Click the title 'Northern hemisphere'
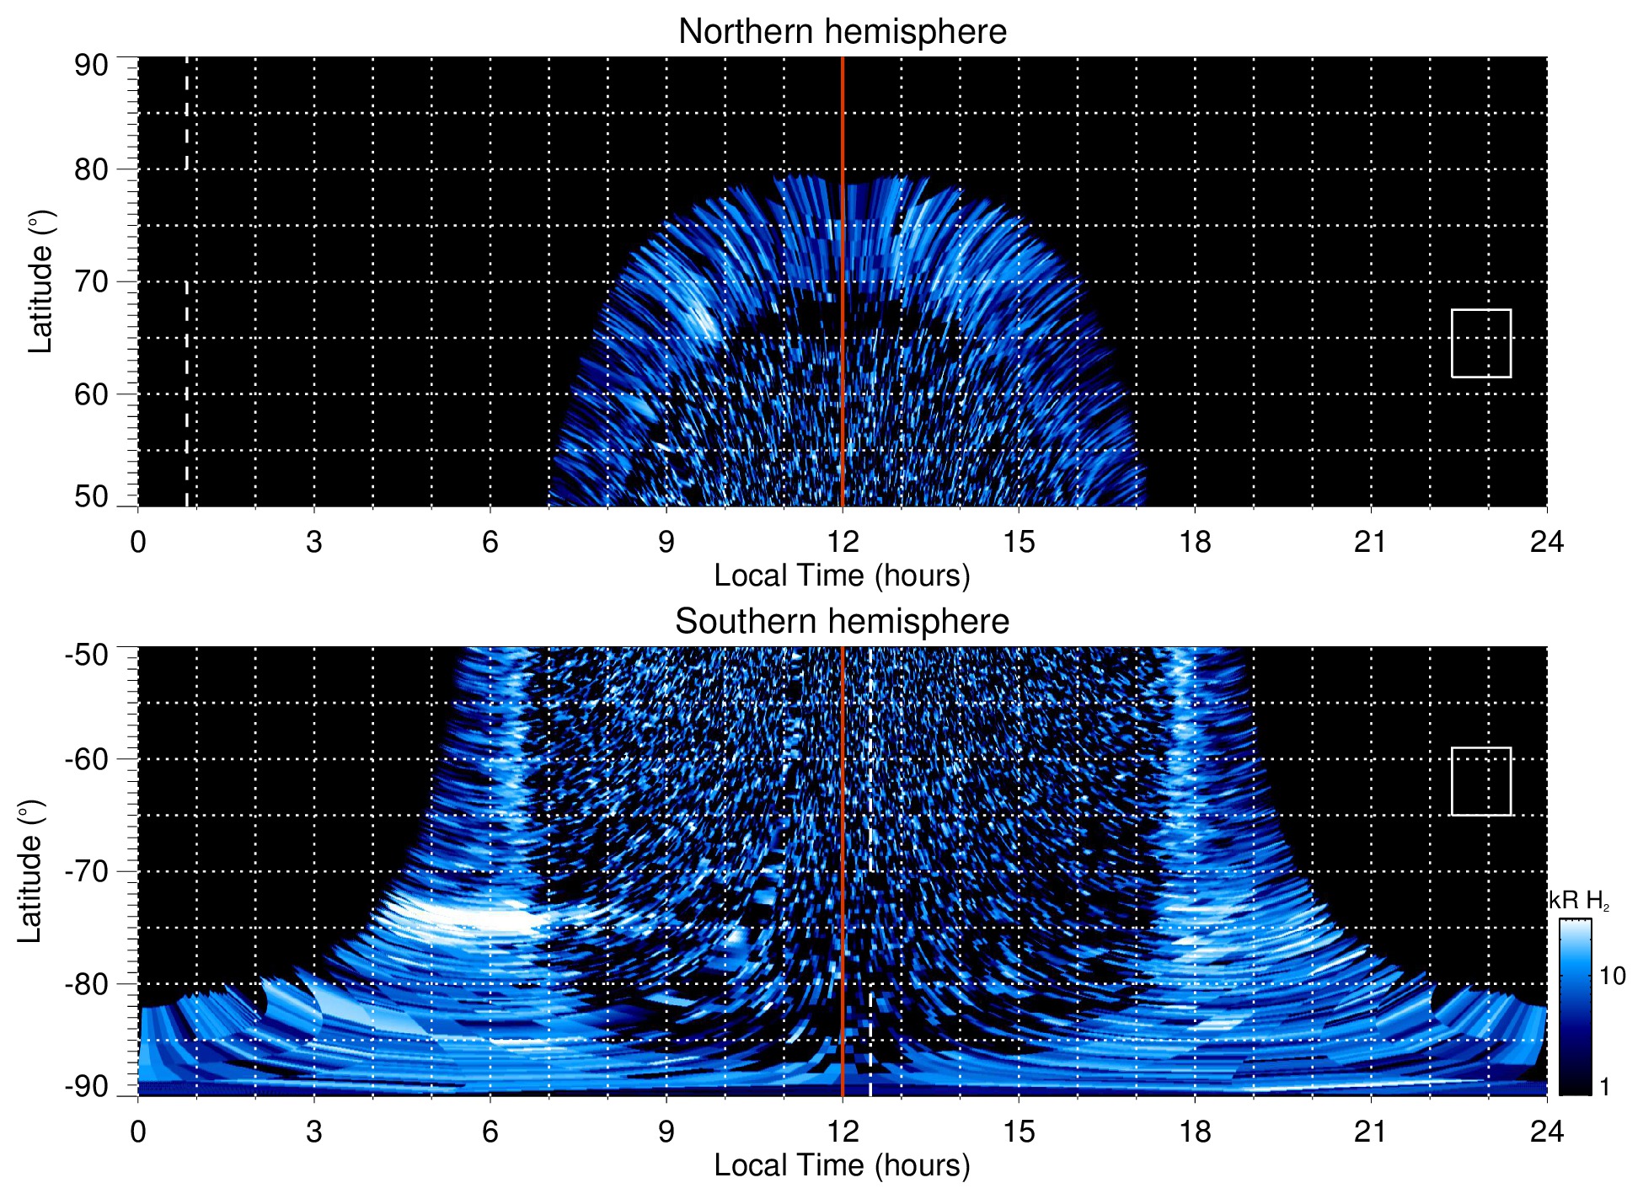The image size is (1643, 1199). point(842,32)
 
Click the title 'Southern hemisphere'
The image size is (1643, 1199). point(842,622)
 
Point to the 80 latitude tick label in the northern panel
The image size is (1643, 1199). point(91,169)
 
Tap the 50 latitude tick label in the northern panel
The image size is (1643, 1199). point(91,496)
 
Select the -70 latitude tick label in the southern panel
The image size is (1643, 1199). point(87,871)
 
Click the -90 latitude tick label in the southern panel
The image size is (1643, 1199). point(87,1086)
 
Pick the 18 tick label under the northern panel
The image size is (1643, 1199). point(1195,542)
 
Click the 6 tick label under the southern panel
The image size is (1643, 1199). point(490,1132)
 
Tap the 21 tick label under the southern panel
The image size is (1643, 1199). point(1371,1132)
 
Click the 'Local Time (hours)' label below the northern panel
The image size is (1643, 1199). point(842,575)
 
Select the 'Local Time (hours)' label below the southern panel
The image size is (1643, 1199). point(842,1165)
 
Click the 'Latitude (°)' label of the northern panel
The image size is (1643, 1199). point(40,281)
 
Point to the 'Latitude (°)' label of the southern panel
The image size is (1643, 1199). point(30,871)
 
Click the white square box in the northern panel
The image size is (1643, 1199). point(1480,343)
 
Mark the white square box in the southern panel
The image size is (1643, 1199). point(1480,781)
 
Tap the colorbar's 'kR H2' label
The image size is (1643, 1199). point(1579,901)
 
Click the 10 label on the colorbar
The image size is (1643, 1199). point(1612,976)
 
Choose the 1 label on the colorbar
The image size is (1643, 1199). point(1604,1086)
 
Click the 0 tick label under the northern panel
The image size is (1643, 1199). point(138,542)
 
